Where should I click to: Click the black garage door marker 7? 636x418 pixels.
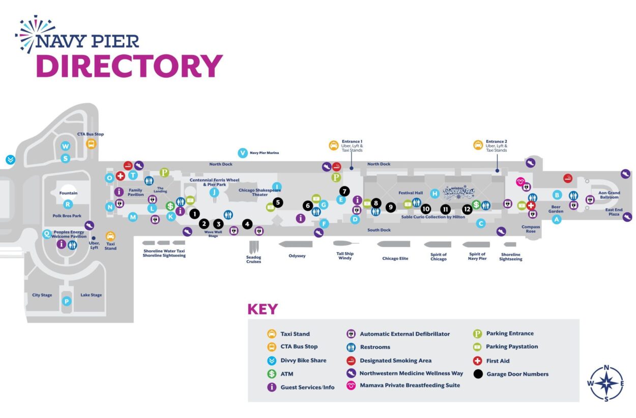[344, 191]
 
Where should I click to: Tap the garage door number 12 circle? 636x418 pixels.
[467, 209]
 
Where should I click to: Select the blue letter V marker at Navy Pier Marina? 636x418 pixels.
[242, 153]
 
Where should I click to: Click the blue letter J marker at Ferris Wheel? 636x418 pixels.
[214, 192]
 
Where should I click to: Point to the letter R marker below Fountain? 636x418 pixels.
[68, 204]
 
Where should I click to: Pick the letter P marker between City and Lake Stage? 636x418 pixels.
[66, 302]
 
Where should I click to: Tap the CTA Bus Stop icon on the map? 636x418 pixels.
[91, 144]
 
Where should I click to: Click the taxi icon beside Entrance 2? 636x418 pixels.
[478, 145]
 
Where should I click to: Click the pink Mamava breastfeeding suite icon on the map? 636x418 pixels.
[520, 182]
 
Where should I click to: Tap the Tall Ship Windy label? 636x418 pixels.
[345, 256]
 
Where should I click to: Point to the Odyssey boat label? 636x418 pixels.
[297, 256]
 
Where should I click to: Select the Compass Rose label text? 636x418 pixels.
[531, 229]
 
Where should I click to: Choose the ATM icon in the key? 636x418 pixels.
[272, 374]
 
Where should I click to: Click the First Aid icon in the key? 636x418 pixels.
[477, 361]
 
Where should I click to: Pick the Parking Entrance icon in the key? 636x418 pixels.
[477, 334]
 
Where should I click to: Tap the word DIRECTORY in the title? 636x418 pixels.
[129, 66]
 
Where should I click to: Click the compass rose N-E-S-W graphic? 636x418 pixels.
[606, 383]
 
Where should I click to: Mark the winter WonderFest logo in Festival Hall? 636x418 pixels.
[458, 193]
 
